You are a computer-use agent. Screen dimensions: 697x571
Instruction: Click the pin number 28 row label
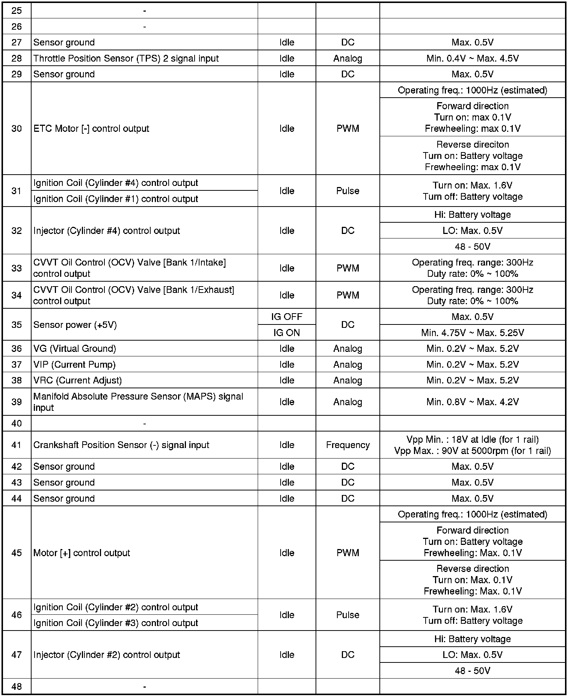point(17,58)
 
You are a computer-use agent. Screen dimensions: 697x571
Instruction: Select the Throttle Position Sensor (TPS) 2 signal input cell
point(126,58)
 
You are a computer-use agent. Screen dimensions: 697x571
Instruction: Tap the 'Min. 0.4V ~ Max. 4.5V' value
point(472,58)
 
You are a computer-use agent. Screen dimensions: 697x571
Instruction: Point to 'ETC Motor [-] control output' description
point(91,128)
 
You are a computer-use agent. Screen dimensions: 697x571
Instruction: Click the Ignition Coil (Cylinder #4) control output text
point(116,183)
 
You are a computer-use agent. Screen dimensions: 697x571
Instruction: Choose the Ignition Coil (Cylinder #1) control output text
point(116,199)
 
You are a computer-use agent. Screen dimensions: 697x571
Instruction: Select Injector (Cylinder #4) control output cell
point(107,231)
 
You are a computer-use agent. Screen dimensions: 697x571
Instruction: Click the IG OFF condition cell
point(287,317)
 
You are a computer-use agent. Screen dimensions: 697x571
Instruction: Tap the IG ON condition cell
point(287,333)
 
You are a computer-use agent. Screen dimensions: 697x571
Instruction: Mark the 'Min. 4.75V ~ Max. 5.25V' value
point(472,333)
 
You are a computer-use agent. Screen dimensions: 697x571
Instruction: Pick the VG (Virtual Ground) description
point(75,348)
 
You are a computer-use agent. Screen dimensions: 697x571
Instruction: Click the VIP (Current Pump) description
point(74,364)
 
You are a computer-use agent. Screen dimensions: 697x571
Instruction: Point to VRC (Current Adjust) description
point(78,380)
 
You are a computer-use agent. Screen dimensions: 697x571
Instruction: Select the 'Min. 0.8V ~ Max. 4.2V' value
point(472,402)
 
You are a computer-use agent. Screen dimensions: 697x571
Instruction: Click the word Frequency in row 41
point(348,445)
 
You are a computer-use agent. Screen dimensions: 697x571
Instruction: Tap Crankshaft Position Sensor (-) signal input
point(121,445)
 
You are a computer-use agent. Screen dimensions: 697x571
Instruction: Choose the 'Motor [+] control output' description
point(82,553)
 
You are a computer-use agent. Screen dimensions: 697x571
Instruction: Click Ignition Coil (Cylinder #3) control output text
point(116,623)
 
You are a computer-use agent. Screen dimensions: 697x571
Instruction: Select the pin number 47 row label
point(17,655)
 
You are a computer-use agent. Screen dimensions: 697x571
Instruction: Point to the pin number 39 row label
point(17,402)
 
